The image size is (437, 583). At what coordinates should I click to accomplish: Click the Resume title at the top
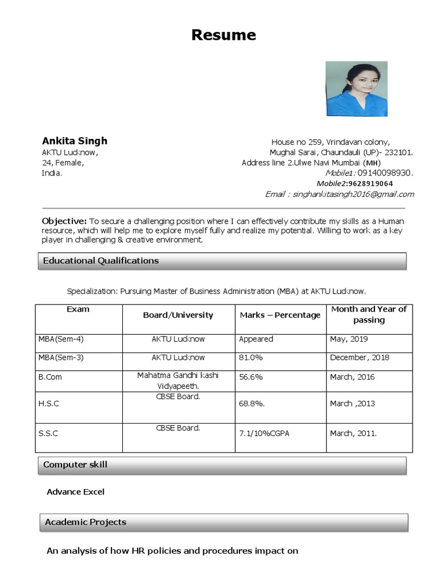pyautogui.click(x=224, y=35)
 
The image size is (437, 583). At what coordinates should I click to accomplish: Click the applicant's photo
pyautogui.click(x=356, y=89)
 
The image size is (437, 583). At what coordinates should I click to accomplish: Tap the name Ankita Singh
pyautogui.click(x=75, y=141)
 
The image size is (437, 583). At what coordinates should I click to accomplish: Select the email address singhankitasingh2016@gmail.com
pyautogui.click(x=353, y=194)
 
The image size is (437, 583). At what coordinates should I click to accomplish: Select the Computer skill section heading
pyautogui.click(x=76, y=465)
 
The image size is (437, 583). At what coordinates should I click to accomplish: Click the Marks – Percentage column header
pyautogui.click(x=280, y=315)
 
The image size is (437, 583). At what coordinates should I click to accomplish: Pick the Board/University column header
pyautogui.click(x=178, y=315)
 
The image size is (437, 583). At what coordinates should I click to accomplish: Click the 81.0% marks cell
pyautogui.click(x=251, y=358)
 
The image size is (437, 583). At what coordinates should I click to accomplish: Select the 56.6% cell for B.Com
pyautogui.click(x=251, y=377)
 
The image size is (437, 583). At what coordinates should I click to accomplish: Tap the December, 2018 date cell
pyautogui.click(x=360, y=358)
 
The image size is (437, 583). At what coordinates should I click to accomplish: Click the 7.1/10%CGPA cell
pyautogui.click(x=265, y=433)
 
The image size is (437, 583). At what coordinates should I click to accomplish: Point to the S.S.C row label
pyautogui.click(x=48, y=433)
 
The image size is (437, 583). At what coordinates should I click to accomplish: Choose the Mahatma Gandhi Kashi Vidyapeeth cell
pyautogui.click(x=178, y=380)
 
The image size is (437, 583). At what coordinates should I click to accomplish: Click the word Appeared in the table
pyautogui.click(x=256, y=339)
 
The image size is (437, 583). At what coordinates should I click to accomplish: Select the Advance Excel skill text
pyautogui.click(x=76, y=491)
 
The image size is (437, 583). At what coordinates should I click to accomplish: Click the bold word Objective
pyautogui.click(x=64, y=220)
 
